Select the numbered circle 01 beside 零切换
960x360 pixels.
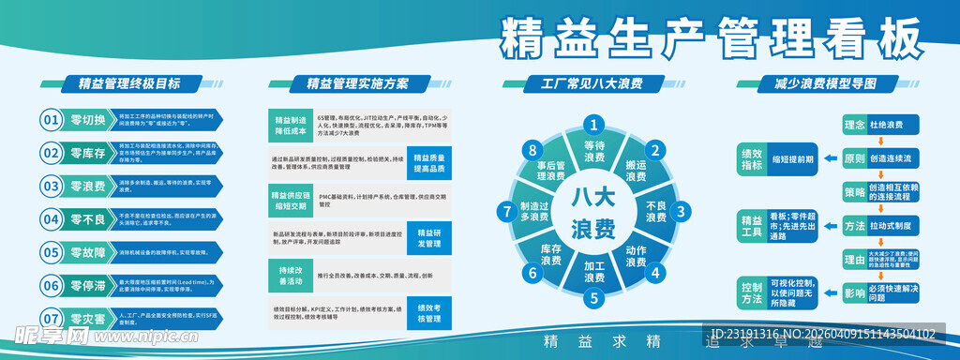click(51, 119)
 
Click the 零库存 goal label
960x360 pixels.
click(87, 152)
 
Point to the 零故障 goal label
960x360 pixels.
click(87, 252)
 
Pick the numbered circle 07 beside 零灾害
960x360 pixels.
click(51, 319)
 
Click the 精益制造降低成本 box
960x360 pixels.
click(291, 127)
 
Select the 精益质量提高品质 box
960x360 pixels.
click(428, 163)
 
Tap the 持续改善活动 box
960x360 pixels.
click(291, 275)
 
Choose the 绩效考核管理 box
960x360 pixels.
click(428, 313)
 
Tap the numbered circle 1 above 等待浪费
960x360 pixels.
click(592, 123)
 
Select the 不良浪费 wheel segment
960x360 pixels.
click(655, 211)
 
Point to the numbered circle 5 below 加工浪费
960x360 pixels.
click(592, 300)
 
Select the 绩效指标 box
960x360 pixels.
click(751, 158)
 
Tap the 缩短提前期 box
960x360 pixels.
click(793, 158)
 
